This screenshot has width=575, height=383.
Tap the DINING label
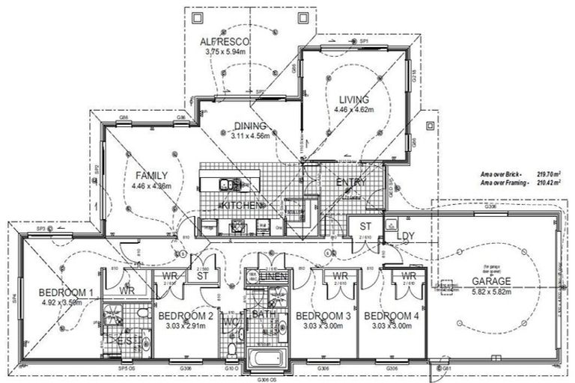coord(249,126)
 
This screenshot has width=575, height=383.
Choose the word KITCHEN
coord(240,205)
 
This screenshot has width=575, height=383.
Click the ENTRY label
coord(350,183)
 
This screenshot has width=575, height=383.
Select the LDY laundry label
coord(405,236)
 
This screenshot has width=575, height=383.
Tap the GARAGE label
coord(491,281)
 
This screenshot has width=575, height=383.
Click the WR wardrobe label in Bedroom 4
coord(408,277)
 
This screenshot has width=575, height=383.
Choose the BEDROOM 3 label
coord(323,316)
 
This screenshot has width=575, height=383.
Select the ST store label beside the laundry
coord(365,226)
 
